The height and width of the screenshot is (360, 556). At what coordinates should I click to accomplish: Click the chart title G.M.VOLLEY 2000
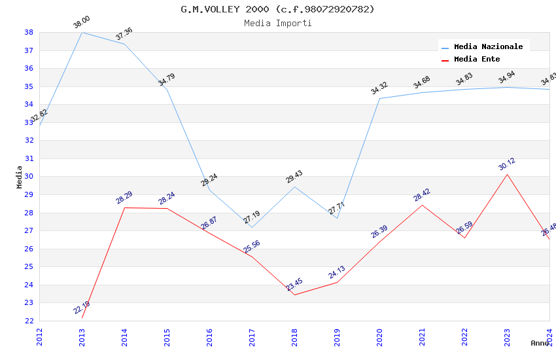[x=277, y=9]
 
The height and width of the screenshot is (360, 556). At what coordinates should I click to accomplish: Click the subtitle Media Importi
[x=277, y=23]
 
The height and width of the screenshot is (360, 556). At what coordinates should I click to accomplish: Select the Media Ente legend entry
[x=477, y=59]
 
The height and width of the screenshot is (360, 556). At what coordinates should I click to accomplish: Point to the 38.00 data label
[x=82, y=22]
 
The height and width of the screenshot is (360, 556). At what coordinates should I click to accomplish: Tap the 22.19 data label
[x=82, y=308]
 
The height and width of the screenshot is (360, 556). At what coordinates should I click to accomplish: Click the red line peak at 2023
[x=507, y=174]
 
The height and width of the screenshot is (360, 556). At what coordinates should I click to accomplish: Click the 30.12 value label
[x=507, y=164]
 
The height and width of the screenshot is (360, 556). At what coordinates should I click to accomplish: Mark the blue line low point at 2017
[x=252, y=227]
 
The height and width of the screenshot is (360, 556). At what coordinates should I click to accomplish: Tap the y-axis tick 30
[x=29, y=177]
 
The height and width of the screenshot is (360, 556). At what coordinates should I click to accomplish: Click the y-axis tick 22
[x=29, y=321]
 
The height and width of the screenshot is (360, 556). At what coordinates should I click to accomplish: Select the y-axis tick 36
[x=29, y=68]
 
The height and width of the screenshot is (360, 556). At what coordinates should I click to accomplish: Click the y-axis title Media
[x=20, y=177]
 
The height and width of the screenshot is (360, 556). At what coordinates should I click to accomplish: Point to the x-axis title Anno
[x=540, y=343]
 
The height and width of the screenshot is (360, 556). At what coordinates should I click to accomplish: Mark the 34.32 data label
[x=379, y=88]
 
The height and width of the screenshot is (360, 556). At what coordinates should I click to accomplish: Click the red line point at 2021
[x=422, y=205]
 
